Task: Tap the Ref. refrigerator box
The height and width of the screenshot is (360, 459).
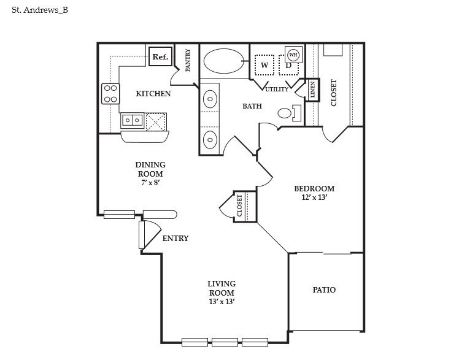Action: pos(160,57)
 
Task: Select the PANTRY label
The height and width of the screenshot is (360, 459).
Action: pos(188,60)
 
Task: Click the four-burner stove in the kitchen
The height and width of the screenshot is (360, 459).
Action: pos(110,93)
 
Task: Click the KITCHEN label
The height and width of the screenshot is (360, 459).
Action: pos(153,94)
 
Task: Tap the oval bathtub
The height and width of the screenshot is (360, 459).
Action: pos(224,61)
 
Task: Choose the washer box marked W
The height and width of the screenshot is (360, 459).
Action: pos(264,64)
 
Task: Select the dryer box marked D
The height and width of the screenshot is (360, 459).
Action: pos(288,65)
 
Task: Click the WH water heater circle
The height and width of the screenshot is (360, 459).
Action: pos(293,54)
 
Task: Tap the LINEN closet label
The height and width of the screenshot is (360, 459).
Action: pos(312,90)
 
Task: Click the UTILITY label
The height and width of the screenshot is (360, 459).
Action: pos(277,90)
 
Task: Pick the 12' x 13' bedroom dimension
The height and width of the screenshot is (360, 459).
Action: pos(314,197)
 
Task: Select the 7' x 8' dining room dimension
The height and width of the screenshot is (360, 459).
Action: pos(150,182)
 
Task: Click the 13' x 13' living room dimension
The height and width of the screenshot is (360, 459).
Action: pos(222,302)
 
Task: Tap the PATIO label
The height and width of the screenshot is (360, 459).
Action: pos(324,289)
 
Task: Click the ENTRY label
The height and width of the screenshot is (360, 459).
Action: pos(175,239)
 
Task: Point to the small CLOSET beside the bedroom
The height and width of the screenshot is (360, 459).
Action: pos(240,206)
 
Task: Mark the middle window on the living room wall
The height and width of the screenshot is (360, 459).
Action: pos(225,342)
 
